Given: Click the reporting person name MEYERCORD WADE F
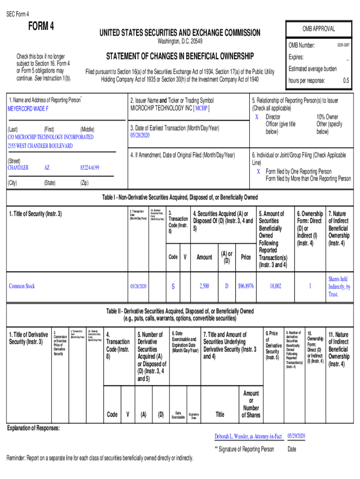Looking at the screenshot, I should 28,109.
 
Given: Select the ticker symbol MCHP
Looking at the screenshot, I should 202,108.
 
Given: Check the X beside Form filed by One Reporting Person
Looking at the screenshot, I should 259,171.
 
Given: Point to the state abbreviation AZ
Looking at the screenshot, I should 47,167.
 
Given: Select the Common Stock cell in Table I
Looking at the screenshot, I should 22,286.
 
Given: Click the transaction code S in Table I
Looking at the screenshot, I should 173,286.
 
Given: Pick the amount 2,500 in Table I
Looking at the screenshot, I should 204,286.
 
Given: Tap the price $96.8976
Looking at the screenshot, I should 245,286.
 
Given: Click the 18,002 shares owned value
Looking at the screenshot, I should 275,286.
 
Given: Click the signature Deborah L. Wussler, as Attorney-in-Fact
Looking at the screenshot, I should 248,436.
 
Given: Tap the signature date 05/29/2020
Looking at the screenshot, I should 296,435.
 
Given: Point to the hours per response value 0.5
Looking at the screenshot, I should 346,80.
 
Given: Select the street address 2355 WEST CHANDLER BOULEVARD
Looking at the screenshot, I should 40,146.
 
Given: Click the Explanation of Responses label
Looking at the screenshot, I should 33,428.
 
